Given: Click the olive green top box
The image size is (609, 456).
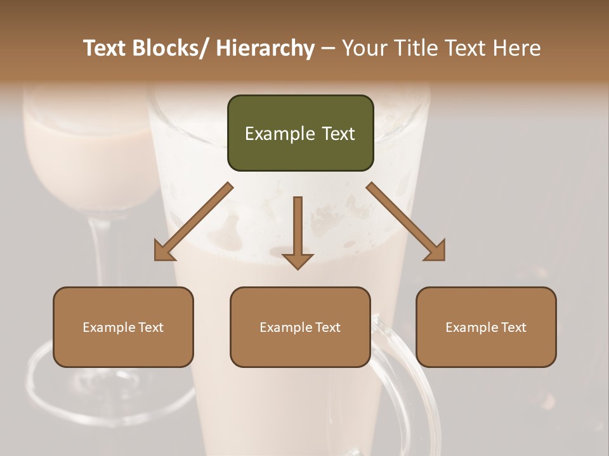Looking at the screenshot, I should [300, 133].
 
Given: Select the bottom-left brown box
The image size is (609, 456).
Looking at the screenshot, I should [123, 327].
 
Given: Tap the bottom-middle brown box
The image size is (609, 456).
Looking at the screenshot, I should [300, 327].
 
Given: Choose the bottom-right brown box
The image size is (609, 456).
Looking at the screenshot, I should [486, 327].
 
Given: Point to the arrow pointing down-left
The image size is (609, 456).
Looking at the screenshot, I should [193, 222].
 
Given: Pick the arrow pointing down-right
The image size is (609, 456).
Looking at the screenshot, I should [406, 222].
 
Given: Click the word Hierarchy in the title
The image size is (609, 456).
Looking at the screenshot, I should [265, 48].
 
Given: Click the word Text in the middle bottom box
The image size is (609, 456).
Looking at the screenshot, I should [327, 327].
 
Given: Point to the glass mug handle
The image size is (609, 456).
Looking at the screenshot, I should [406, 380].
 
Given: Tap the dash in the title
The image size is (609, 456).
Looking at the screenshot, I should [328, 48].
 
